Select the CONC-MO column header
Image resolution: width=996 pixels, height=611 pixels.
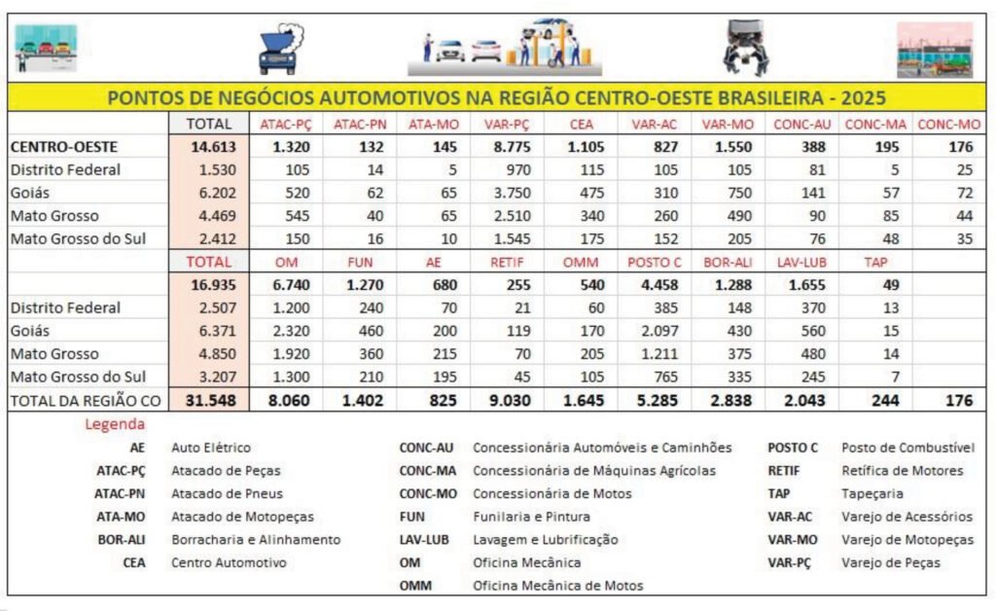948,124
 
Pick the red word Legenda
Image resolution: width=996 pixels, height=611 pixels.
115,424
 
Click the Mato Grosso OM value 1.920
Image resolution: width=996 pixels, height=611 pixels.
284,353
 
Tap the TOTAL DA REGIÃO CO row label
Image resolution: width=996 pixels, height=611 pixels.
85,399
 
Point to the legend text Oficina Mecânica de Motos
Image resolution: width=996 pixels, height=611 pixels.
557,586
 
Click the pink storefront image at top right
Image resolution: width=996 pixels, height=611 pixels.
934,50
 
